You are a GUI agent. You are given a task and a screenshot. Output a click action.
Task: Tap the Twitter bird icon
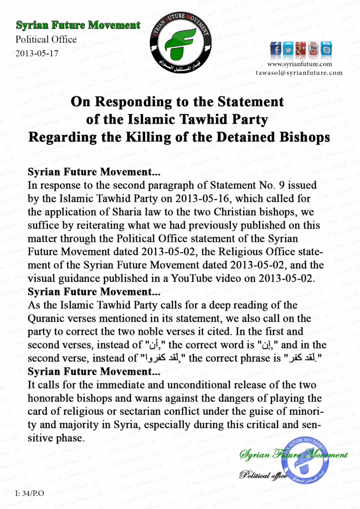tap(288, 49)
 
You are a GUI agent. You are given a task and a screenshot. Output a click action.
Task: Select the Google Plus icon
tap(301, 49)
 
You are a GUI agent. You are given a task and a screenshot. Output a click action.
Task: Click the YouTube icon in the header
tap(314, 49)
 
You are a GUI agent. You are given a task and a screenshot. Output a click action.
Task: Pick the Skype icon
tap(326, 49)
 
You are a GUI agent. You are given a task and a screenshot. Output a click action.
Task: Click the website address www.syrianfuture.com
tap(300, 64)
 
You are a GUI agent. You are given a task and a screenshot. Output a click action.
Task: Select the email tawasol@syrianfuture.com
tap(299, 73)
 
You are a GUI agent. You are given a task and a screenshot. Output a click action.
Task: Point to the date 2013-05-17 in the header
tap(37, 53)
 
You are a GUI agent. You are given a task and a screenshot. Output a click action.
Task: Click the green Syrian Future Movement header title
tap(78, 25)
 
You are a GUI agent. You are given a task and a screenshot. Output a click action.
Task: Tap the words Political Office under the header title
tap(46, 39)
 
